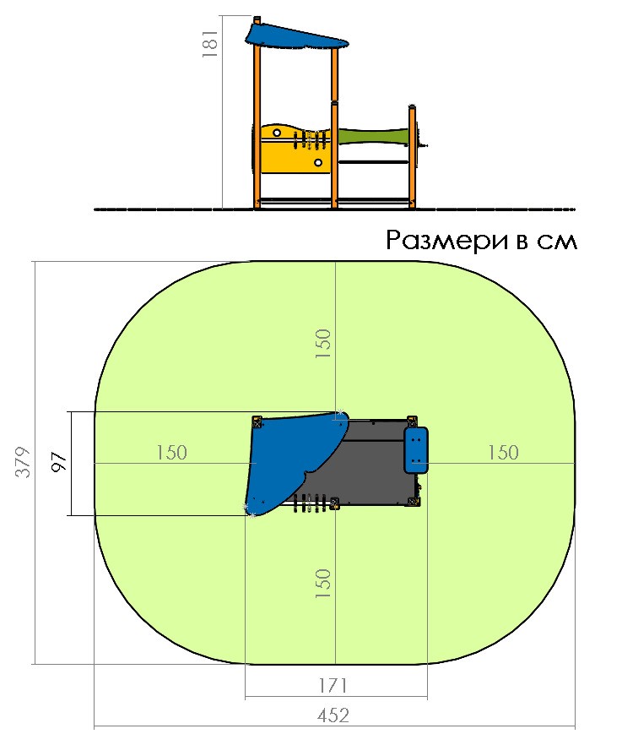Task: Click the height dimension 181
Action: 210,44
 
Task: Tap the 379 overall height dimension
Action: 23,461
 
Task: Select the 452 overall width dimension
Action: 333,715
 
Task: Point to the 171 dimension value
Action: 333,686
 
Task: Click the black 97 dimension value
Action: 58,462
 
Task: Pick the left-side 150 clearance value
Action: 172,453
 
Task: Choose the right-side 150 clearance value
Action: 503,453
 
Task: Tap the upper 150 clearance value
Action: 323,344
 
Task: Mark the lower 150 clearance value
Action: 323,584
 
